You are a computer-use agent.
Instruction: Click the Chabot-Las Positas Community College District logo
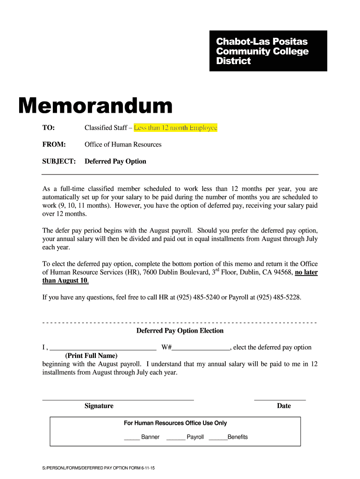coord(268,51)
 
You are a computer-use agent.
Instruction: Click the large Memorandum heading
coord(95,107)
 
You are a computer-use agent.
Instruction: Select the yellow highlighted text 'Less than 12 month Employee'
coord(175,128)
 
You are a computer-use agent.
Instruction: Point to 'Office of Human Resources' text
coord(123,145)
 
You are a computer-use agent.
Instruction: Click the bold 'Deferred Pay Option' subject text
coord(115,161)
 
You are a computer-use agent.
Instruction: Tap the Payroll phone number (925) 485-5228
coord(279,298)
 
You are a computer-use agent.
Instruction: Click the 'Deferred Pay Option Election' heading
coord(180,331)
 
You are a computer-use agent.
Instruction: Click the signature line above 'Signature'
coord(118,399)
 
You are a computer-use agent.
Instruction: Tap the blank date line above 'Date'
coord(280,399)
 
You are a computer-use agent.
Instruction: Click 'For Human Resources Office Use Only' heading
coord(175,423)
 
